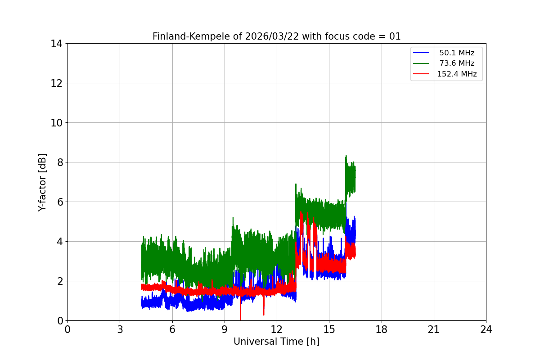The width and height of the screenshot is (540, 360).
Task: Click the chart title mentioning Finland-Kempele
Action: pyautogui.click(x=276, y=36)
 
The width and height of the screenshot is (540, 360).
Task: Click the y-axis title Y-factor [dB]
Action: pyautogui.click(x=42, y=182)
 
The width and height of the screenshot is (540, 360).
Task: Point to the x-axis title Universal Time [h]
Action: pyautogui.click(x=276, y=342)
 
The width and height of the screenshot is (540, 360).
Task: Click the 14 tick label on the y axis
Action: pyautogui.click(x=57, y=44)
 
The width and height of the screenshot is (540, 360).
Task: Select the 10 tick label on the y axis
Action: pyautogui.click(x=57, y=123)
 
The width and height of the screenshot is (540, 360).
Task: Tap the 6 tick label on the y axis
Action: pyautogui.click(x=59, y=202)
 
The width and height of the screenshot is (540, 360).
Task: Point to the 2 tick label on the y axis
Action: pyautogui.click(x=59, y=281)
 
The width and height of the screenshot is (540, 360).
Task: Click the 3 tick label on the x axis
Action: pyautogui.click(x=120, y=329)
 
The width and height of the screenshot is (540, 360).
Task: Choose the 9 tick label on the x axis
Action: pyautogui.click(x=225, y=329)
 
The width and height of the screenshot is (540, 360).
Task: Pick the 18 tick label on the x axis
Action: pyautogui.click(x=382, y=329)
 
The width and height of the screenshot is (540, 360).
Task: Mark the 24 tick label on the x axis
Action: pyautogui.click(x=486, y=329)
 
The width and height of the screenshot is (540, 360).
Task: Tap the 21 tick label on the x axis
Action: pyautogui.click(x=434, y=329)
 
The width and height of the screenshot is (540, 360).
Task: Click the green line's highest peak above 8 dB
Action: pyautogui.click(x=346, y=156)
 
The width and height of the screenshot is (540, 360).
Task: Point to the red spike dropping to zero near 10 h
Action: pyautogui.click(x=241, y=317)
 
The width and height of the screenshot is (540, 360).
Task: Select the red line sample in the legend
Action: pyautogui.click(x=421, y=74)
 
